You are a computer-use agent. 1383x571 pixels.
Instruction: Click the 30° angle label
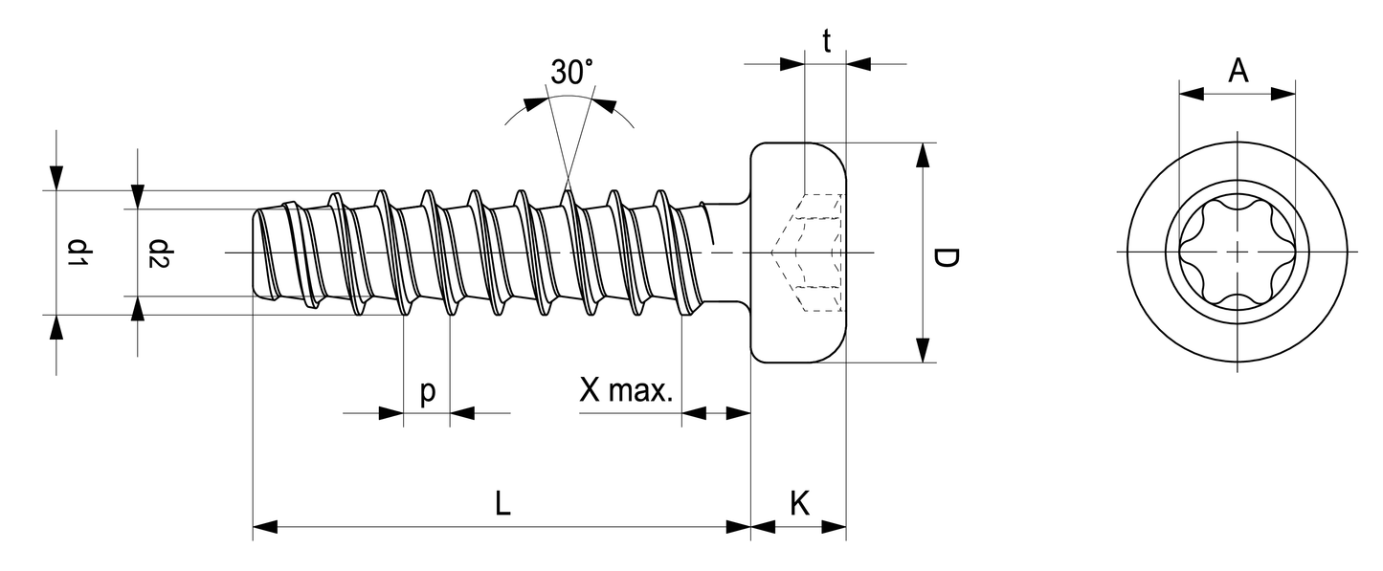[x=571, y=73]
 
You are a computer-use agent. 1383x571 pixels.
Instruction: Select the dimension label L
[x=502, y=504]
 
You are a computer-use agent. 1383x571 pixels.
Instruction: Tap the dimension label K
[x=800, y=504]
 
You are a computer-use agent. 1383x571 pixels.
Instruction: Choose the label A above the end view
[x=1238, y=71]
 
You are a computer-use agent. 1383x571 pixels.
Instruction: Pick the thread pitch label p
[x=427, y=391]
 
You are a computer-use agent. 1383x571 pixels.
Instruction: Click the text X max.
[x=626, y=391]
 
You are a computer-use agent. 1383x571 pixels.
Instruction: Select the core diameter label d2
[x=159, y=253]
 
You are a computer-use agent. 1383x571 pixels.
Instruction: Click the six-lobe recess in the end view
[x=1237, y=252]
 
